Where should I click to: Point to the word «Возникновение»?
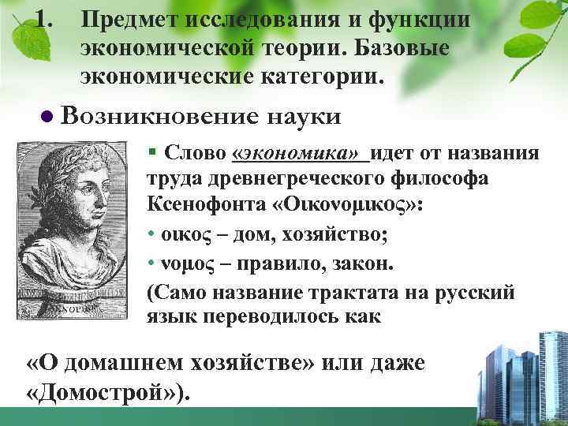tap(159, 117)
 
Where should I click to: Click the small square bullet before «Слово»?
tap(151, 152)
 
